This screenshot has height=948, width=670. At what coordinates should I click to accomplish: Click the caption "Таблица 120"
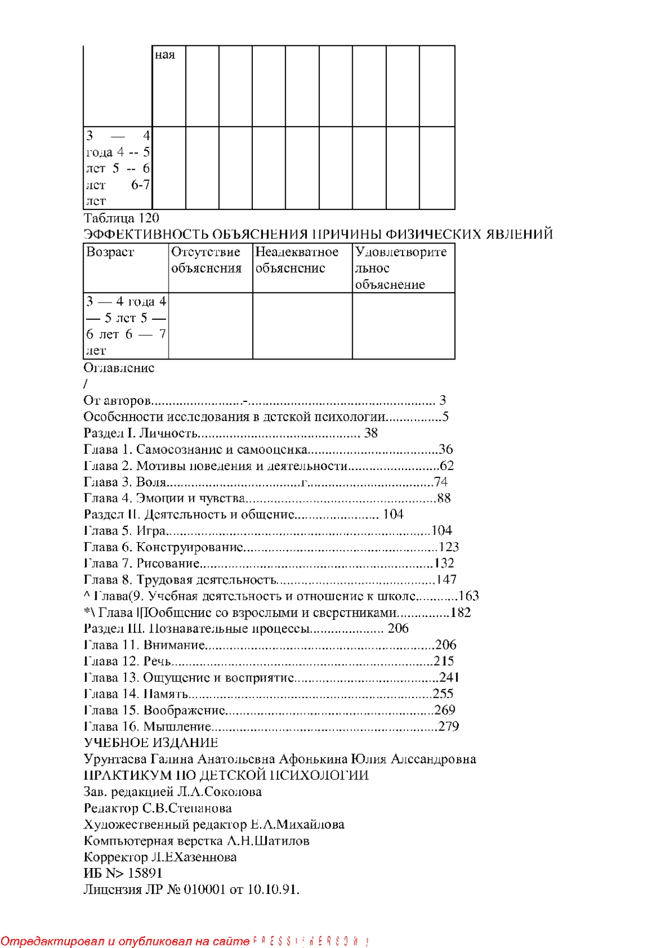pyautogui.click(x=121, y=218)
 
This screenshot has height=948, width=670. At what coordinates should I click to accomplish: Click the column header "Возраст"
pyautogui.click(x=110, y=252)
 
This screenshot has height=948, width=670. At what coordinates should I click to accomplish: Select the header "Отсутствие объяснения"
pyautogui.click(x=206, y=260)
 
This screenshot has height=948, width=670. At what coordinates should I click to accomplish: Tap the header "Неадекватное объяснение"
pyautogui.click(x=296, y=260)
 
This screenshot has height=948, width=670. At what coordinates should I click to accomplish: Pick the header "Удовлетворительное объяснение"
pyautogui.click(x=400, y=268)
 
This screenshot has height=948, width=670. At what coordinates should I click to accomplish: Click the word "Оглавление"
pyautogui.click(x=119, y=368)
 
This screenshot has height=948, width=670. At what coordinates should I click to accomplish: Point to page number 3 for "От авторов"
pyautogui.click(x=443, y=400)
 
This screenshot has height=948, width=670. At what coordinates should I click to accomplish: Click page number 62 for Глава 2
pyautogui.click(x=447, y=466)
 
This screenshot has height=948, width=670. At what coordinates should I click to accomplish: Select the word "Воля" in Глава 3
pyautogui.click(x=151, y=482)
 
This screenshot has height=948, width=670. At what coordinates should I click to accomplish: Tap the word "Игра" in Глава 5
pyautogui.click(x=151, y=530)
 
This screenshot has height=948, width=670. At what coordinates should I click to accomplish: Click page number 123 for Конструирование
pyautogui.click(x=449, y=547)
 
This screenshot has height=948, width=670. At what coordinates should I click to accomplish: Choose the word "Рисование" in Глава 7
pyautogui.click(x=168, y=563)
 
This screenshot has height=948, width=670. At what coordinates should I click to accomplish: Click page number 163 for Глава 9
pyautogui.click(x=469, y=596)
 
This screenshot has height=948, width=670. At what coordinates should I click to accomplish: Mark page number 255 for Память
pyautogui.click(x=443, y=694)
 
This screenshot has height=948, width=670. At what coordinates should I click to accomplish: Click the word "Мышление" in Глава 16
pyautogui.click(x=177, y=726)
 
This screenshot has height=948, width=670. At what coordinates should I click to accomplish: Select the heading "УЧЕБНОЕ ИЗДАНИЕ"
pyautogui.click(x=151, y=743)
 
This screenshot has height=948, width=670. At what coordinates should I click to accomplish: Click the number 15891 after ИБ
pyautogui.click(x=145, y=873)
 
